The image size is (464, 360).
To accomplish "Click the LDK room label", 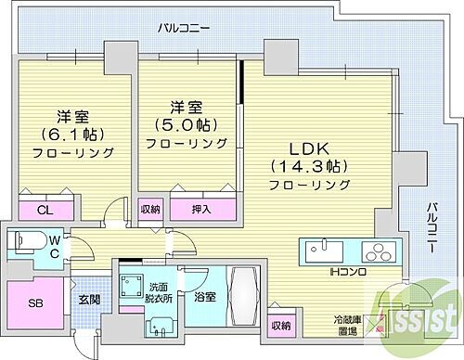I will click(308, 148).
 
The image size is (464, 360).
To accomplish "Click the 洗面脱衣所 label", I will click(156, 292).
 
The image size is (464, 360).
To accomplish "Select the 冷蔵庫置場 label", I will click(348, 325).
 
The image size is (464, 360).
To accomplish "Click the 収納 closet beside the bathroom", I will click(279, 326).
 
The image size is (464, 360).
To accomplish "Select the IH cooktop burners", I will click(379, 250).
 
